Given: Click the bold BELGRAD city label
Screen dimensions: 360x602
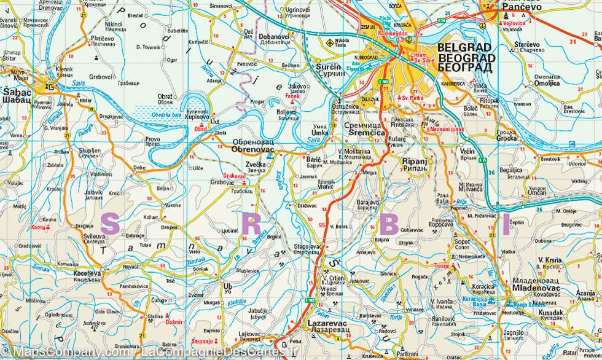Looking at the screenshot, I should click(464, 47).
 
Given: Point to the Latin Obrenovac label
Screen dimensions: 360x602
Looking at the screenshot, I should click(254, 148).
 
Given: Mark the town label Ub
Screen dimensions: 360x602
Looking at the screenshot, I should click(228, 286).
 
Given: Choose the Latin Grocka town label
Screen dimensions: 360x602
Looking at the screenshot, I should click(506, 139).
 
